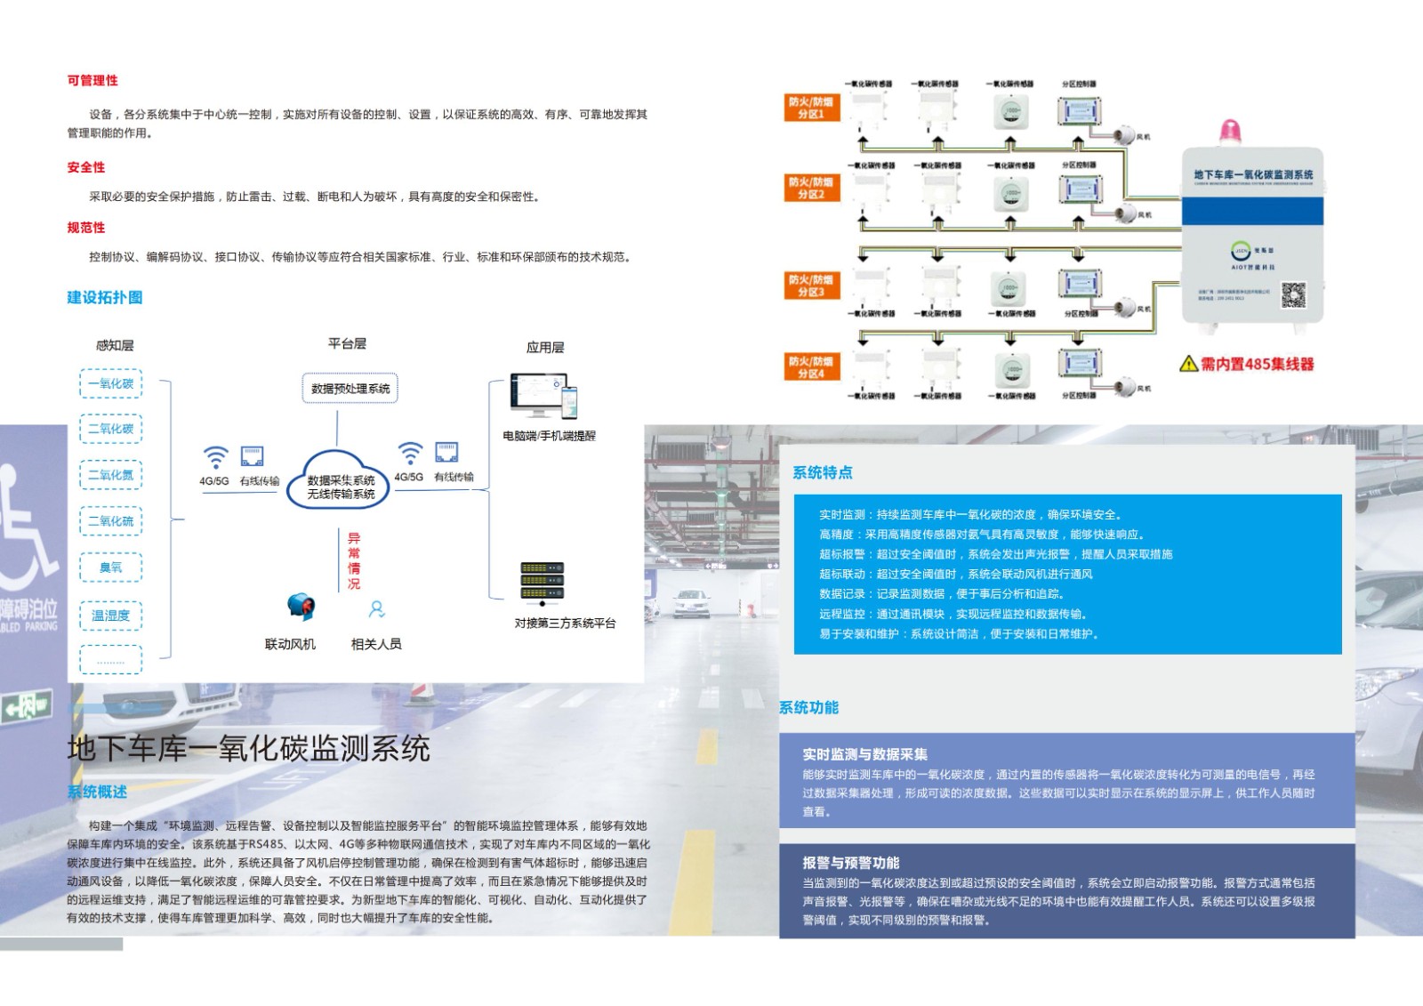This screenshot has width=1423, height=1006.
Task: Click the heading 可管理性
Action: pos(92,81)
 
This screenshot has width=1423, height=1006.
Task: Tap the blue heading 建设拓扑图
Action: pos(105,297)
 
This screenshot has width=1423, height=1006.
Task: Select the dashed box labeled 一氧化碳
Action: pos(111,383)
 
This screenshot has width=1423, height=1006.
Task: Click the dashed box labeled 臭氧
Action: pos(111,567)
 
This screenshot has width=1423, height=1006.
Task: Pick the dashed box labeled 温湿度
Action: pos(111,615)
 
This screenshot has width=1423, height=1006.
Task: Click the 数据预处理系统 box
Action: pos(350,389)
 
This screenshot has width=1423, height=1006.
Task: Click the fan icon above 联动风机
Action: pos(301,608)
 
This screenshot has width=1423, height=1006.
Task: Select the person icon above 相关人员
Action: pos(377,609)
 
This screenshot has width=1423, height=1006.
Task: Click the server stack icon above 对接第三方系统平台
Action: pos(543,581)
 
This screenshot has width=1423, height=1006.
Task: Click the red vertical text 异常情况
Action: pos(354,560)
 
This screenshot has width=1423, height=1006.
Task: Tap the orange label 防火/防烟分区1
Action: pos(811,109)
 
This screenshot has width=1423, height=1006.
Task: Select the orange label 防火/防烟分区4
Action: pos(811,367)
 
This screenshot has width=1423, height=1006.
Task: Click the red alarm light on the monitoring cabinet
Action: pos(1231,130)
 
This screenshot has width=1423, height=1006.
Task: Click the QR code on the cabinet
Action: pos(1293,294)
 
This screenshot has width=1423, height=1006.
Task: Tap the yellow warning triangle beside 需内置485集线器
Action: pos(1188,363)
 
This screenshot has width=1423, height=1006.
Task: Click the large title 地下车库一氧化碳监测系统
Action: pos(249,748)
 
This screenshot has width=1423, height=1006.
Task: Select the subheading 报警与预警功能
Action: pos(851,863)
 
